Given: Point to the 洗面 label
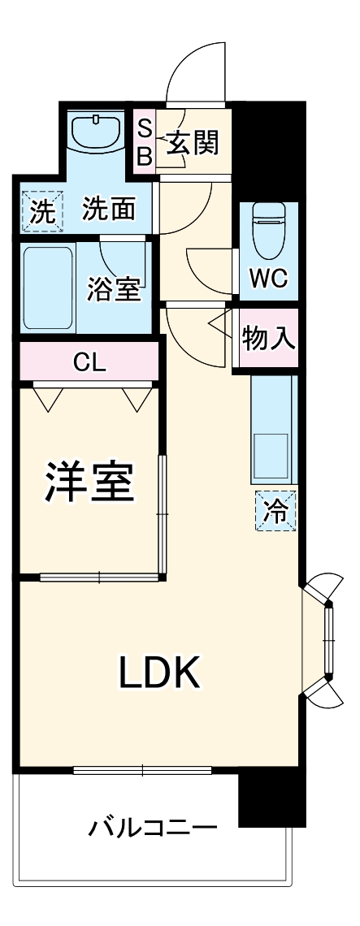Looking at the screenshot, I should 109,211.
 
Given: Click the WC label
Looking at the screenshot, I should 268,278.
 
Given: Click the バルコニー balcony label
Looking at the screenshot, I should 153,829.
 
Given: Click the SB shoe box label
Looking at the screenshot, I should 144,141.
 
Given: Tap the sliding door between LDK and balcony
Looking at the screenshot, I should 142,769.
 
